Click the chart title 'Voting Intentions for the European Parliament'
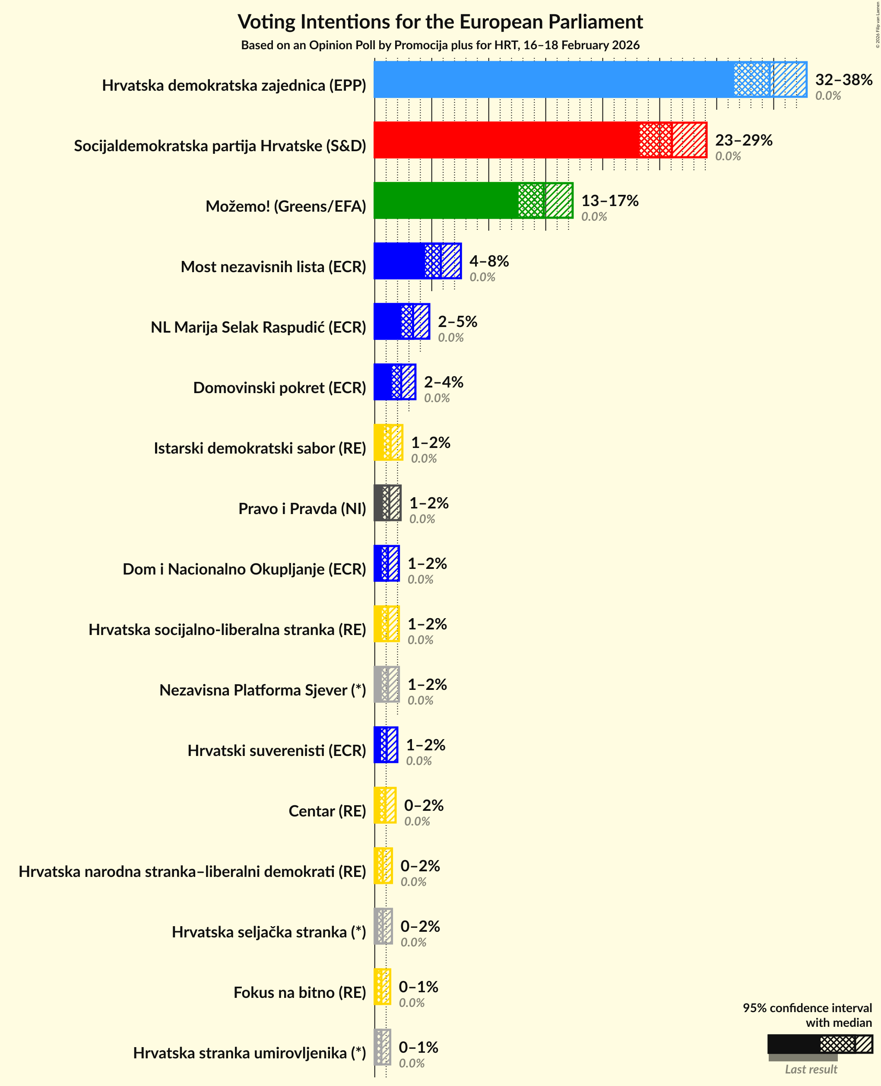click(x=440, y=22)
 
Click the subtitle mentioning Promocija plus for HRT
click(x=440, y=45)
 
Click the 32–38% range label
click(x=843, y=80)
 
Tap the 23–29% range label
click(x=744, y=140)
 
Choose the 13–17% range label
click(x=609, y=200)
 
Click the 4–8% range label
click(x=489, y=261)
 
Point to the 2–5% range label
click(x=457, y=321)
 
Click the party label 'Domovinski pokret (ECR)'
click(x=279, y=388)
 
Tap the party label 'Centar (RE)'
click(x=327, y=811)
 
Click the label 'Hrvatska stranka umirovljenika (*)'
click(x=249, y=1053)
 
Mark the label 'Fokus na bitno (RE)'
click(x=299, y=992)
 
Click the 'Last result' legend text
click(x=811, y=1069)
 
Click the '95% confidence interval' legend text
click(x=807, y=1008)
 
